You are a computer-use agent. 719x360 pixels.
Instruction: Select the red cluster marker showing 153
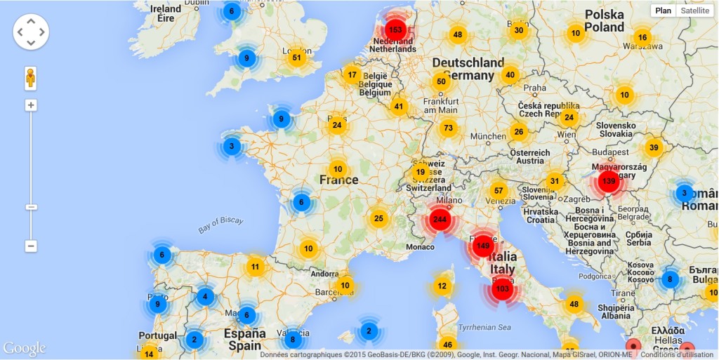coord(395,30)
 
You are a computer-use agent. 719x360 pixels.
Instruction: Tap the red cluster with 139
coord(608,182)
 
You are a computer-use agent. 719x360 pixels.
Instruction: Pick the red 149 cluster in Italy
coord(482,246)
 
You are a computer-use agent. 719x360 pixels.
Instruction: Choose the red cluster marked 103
coord(502,288)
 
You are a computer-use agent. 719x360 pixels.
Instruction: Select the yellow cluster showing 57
coord(499,191)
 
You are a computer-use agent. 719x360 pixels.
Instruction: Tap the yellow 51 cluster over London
coord(297,58)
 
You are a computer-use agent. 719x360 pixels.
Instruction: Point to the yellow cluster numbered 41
coord(399,107)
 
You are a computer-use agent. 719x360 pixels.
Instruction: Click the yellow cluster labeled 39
coord(654,147)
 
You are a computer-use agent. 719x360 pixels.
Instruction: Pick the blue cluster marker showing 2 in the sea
coord(369,331)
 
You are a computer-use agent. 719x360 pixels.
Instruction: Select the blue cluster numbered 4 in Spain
coord(205,297)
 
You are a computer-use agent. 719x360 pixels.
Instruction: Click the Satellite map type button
coord(695,11)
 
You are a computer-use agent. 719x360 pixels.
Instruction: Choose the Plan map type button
coord(664,11)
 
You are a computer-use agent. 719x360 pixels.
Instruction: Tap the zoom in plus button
coord(31,105)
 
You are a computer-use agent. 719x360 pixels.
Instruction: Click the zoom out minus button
coord(31,246)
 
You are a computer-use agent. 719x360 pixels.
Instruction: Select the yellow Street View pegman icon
coord(30,77)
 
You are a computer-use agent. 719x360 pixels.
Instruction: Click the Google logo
coord(25,349)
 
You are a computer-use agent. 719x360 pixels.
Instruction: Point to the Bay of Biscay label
coord(220,225)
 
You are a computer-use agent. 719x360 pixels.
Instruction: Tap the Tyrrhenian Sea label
coord(485,327)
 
